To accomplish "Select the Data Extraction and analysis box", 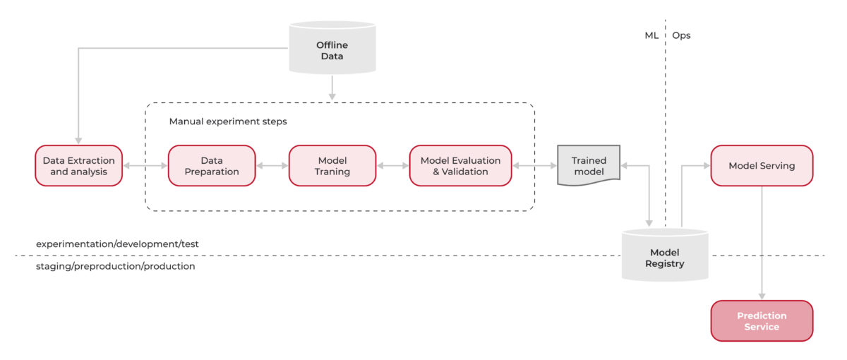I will (78, 166).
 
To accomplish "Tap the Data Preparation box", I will (212, 166).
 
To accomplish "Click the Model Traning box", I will (332, 166).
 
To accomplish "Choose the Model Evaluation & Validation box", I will (460, 166).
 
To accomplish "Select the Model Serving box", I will (762, 166).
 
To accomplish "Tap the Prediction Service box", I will (762, 321).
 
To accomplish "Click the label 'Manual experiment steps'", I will (228, 121).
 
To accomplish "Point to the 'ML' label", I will (651, 35).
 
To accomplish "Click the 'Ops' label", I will (681, 35).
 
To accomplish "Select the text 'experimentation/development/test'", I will (117, 244).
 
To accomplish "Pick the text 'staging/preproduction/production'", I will (115, 267).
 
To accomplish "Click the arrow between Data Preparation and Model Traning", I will (272, 166).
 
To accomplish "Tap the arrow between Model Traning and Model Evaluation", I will (392, 166).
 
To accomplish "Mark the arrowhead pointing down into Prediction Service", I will (762, 296).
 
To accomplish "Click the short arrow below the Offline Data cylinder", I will (332, 88).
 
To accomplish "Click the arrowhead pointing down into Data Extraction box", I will (78, 140).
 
